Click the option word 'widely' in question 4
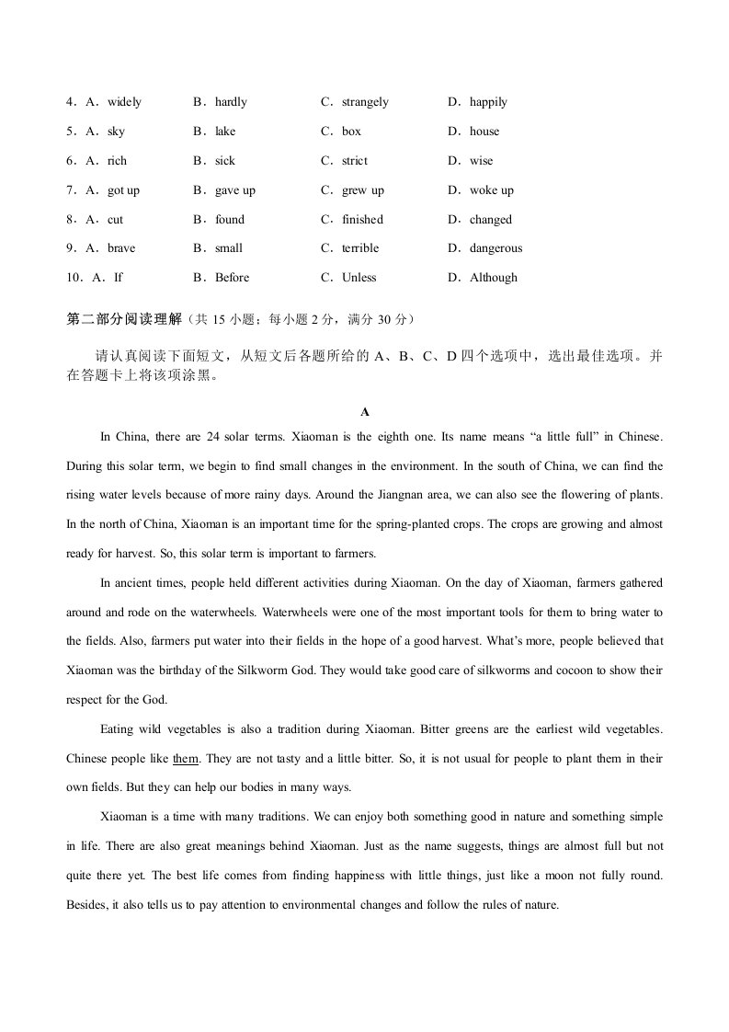tap(124, 102)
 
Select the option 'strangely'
tap(365, 102)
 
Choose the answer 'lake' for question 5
tap(225, 132)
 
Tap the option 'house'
tap(484, 132)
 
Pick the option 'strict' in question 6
tap(355, 161)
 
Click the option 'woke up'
tap(492, 190)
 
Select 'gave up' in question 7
tap(235, 190)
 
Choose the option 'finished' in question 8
tap(362, 220)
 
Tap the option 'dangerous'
tap(495, 248)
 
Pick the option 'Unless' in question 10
tap(359, 278)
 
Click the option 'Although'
tap(494, 278)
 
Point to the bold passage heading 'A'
tap(365, 412)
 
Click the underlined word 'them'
tap(186, 759)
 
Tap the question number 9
tap(71, 248)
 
